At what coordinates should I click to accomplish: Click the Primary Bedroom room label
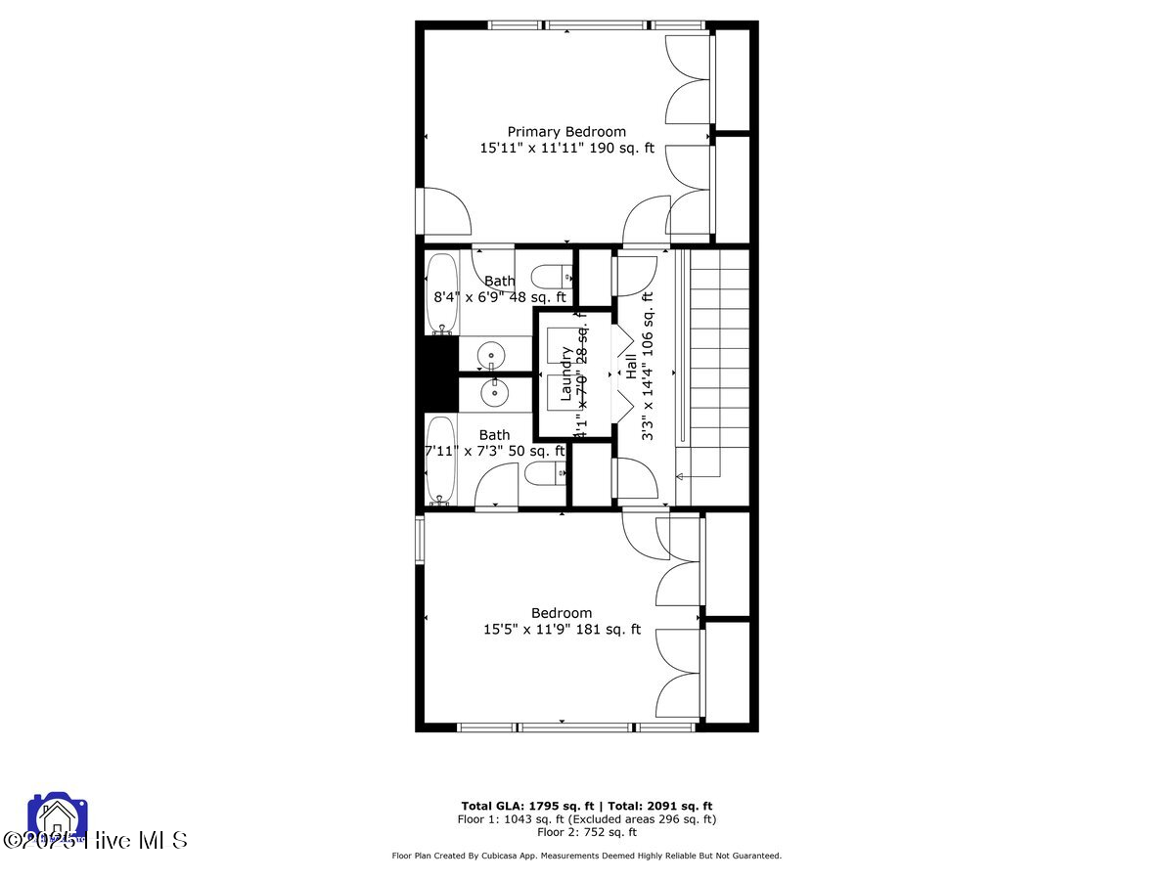[x=565, y=131]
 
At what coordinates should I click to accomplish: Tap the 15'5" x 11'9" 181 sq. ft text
[x=562, y=630]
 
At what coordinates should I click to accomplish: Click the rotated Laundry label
[x=565, y=374]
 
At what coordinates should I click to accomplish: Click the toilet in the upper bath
[x=551, y=275]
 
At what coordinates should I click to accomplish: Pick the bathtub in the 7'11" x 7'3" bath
[x=441, y=460]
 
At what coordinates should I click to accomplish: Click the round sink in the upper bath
[x=492, y=355]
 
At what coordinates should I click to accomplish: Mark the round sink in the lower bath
[x=493, y=393]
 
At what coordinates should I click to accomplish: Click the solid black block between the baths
[x=439, y=373]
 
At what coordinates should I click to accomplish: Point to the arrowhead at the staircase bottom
[x=680, y=475]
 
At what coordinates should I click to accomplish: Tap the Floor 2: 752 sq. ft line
[x=586, y=832]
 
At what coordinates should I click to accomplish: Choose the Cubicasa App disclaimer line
[x=586, y=856]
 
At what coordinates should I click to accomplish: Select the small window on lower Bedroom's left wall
[x=421, y=540]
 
